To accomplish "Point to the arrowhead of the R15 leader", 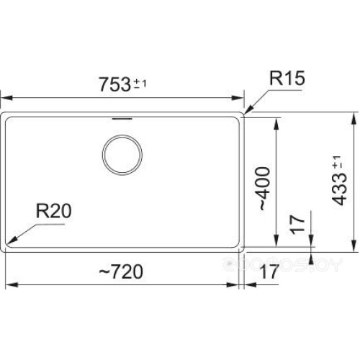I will click(247, 112).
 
